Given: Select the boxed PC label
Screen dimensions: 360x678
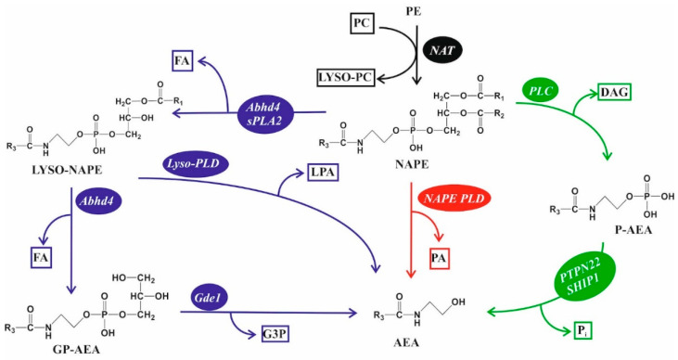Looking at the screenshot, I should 363,19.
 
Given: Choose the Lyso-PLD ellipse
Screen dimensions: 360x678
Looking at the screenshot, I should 197,163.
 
